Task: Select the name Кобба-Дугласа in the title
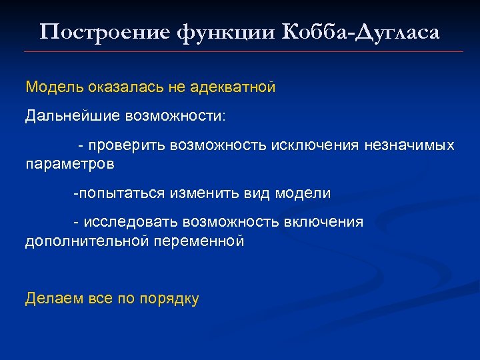tap(361, 32)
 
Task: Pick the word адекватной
tap(232, 87)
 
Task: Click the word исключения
tap(314, 145)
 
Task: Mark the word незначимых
tap(409, 145)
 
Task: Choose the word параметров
tap(70, 163)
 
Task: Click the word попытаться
tap(119, 193)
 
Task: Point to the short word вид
tap(253, 193)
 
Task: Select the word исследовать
tap(130, 222)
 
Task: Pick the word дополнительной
tap(85, 241)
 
